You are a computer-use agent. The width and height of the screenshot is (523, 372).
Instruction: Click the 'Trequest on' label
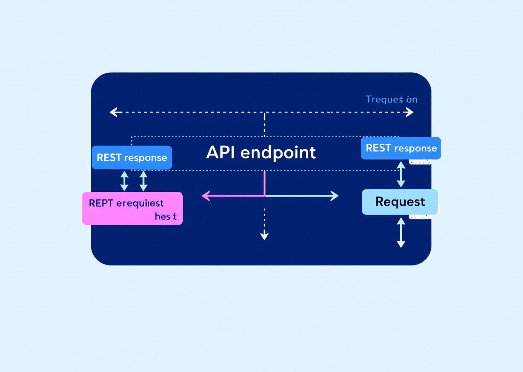click(x=391, y=99)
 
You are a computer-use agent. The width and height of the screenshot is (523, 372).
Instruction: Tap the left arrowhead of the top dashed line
click(x=113, y=112)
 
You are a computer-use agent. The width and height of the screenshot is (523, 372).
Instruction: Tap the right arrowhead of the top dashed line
click(x=410, y=112)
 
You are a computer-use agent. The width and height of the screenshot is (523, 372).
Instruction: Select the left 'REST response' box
click(x=132, y=158)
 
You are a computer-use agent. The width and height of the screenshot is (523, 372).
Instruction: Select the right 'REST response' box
click(x=401, y=148)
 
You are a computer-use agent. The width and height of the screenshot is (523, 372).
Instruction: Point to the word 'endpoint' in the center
click(x=278, y=153)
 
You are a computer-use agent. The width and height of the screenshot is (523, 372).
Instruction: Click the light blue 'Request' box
click(x=400, y=202)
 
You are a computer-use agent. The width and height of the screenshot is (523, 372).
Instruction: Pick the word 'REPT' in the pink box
click(x=101, y=203)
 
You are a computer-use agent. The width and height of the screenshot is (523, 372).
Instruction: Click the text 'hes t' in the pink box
click(x=166, y=217)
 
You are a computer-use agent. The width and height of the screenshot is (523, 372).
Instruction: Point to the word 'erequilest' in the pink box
click(x=140, y=203)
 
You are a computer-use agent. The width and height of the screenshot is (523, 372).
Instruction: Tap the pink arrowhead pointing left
click(x=206, y=196)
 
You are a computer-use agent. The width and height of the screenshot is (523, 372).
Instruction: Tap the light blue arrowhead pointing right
click(x=335, y=196)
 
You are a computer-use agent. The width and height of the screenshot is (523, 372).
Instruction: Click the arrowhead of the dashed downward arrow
click(x=264, y=236)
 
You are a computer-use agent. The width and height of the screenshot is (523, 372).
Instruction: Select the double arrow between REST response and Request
click(x=401, y=174)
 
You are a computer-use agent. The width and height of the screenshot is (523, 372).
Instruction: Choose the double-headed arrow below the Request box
click(x=401, y=232)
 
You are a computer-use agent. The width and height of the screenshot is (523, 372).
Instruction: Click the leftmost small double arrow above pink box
click(x=124, y=181)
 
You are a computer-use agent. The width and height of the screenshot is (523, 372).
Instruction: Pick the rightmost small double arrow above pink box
click(x=143, y=181)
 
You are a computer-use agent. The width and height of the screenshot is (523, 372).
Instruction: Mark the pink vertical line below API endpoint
click(x=264, y=183)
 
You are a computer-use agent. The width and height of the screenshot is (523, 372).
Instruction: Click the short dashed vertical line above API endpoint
click(x=264, y=124)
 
